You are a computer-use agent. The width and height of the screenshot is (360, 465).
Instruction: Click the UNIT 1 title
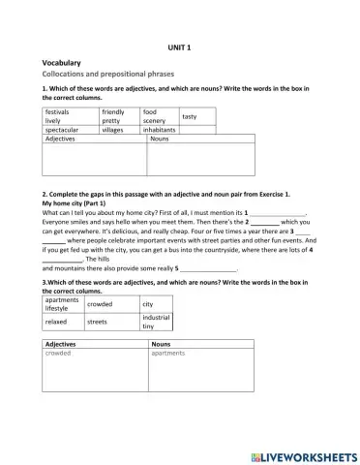click(180, 46)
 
